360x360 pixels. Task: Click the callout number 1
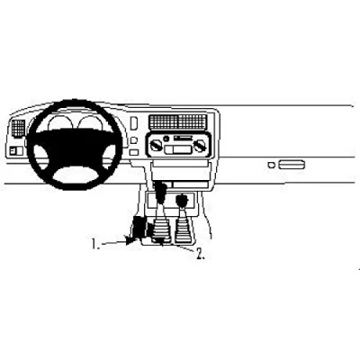[94, 244]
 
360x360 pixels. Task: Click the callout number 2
[200, 255]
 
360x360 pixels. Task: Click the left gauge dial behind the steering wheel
[60, 122]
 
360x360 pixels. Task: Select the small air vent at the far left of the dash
[19, 128]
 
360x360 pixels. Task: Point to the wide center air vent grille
[177, 121]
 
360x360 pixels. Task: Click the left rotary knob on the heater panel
[156, 147]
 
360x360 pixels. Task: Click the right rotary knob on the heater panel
[198, 147]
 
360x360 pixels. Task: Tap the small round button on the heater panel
[165, 139]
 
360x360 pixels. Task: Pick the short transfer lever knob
[182, 200]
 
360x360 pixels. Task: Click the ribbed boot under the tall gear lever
[162, 230]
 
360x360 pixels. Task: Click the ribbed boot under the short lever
[184, 230]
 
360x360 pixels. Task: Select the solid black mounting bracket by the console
[138, 229]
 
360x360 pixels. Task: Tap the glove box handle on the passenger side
[292, 165]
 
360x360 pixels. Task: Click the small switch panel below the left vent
[16, 150]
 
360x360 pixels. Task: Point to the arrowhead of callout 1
[130, 240]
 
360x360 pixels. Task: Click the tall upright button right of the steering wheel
[134, 123]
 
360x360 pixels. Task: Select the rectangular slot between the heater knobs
[177, 148]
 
